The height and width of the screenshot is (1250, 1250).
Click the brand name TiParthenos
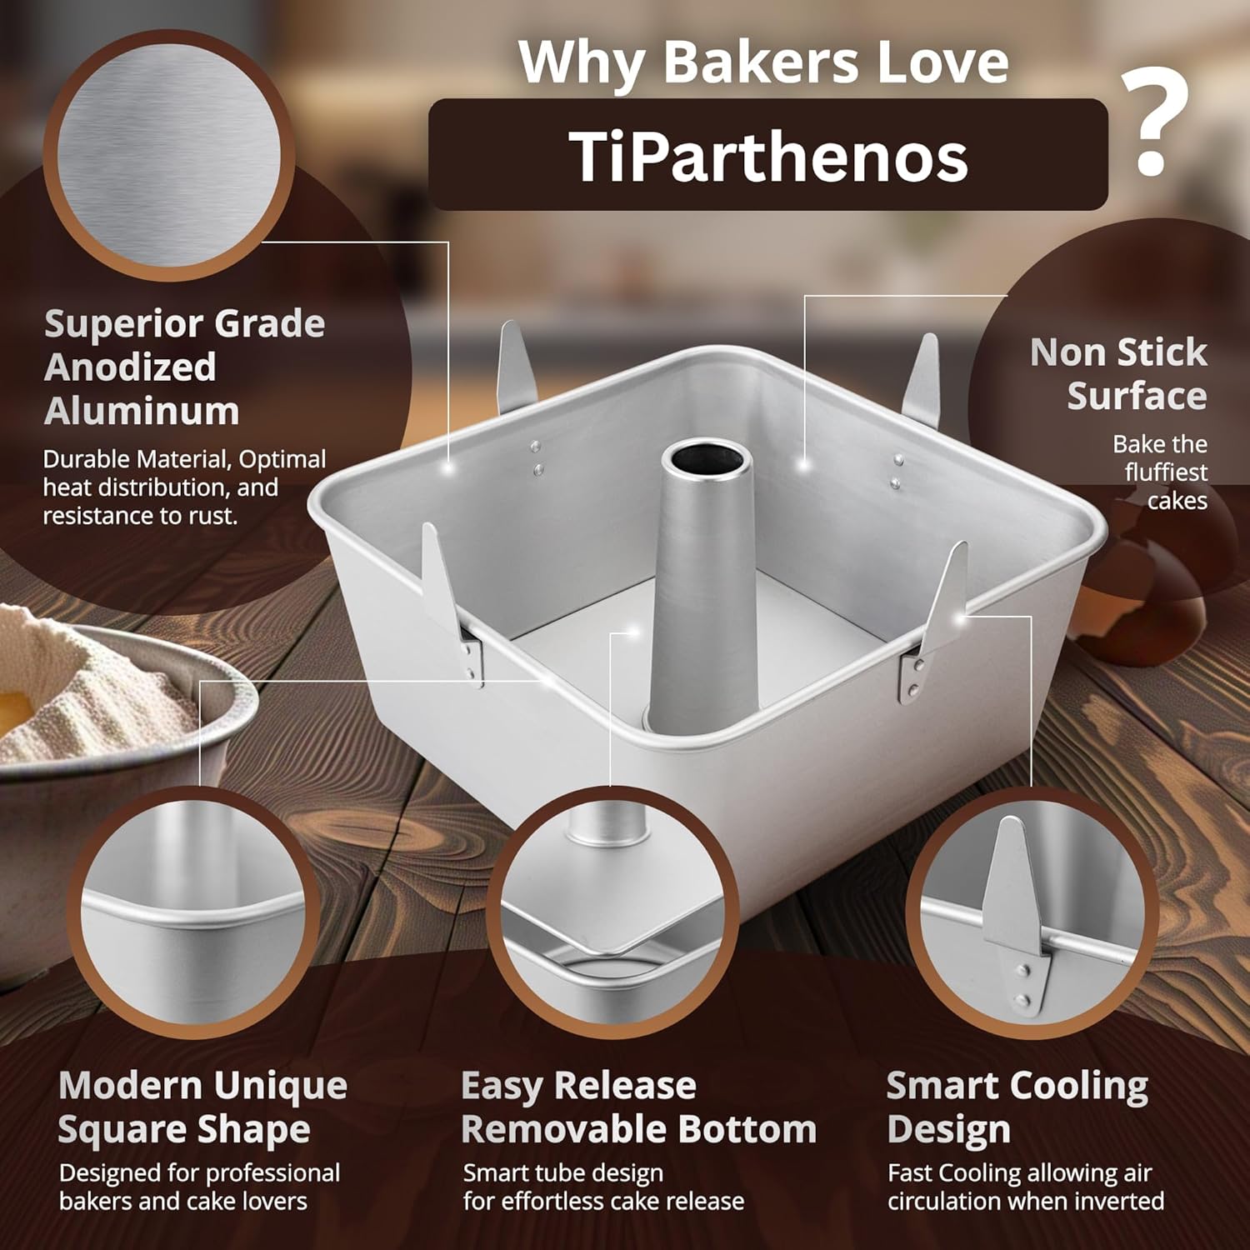point(767,157)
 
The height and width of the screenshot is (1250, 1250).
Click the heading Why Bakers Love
point(762,62)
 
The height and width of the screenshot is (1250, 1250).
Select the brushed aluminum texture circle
point(169,155)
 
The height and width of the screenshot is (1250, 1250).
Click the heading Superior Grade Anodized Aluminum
point(184,367)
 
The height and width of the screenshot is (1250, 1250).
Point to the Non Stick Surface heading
point(1118,373)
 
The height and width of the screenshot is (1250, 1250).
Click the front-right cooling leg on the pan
point(937,617)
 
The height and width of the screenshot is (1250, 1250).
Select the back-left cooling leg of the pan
point(512,367)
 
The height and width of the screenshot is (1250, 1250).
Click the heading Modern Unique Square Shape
point(202,1107)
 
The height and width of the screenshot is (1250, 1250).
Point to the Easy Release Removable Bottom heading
point(637,1107)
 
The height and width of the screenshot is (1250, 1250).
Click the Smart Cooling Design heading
point(1017,1107)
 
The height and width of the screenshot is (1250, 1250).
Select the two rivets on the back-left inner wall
point(537,458)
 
